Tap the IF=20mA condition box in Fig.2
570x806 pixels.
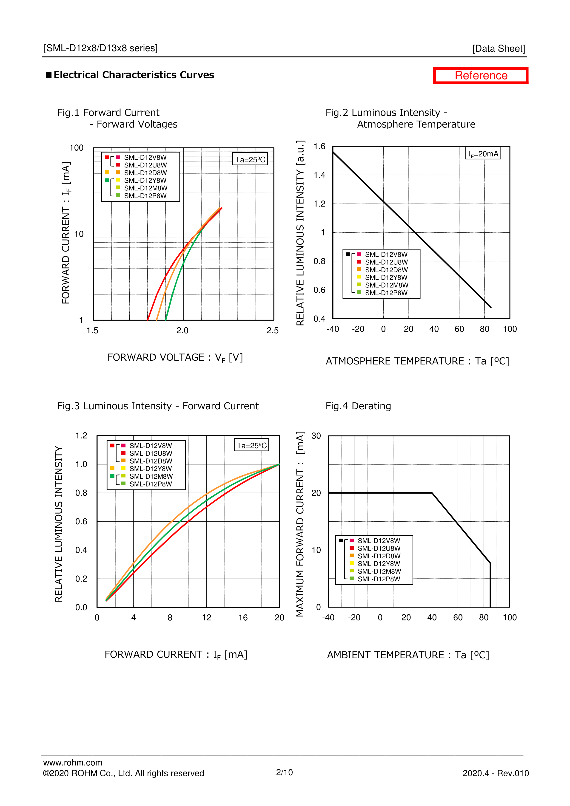click(x=483, y=154)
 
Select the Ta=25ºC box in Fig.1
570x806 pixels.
click(x=250, y=159)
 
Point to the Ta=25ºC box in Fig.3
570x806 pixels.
click(x=251, y=445)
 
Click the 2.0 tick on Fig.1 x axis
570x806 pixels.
click(x=182, y=330)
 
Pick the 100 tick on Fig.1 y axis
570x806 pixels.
click(x=76, y=148)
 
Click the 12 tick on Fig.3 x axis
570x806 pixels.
click(x=206, y=617)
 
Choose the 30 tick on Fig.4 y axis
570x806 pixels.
click(x=316, y=436)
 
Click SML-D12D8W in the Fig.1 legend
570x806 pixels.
click(x=145, y=173)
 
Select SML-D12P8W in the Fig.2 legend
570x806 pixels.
click(x=386, y=293)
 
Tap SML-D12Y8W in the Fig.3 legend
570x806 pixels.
click(x=151, y=469)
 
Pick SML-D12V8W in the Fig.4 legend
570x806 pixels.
click(x=379, y=541)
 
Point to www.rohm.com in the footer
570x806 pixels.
click(x=73, y=762)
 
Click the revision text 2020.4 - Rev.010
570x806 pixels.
click(x=496, y=773)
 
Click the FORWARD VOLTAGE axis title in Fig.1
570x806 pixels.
click(x=175, y=357)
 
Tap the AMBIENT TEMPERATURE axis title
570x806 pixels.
click(x=408, y=655)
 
